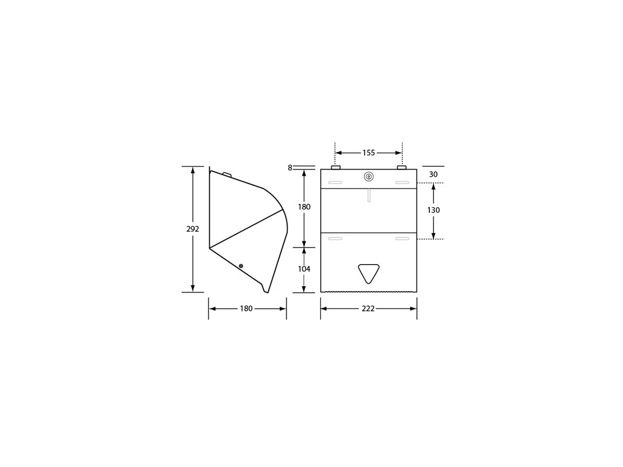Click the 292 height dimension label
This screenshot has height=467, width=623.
coord(193,229)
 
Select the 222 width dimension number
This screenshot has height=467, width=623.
coord(369,309)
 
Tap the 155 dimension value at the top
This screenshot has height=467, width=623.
coord(369,153)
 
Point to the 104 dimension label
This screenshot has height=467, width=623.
coord(304,269)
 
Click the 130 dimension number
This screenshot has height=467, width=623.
coord(434,210)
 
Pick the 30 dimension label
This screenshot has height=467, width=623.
coord(434,175)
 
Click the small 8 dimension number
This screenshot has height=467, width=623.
coord(290,168)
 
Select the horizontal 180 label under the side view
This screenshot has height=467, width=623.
coord(246,309)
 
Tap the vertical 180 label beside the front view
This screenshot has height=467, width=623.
coord(304,207)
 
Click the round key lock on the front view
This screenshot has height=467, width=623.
coord(369,176)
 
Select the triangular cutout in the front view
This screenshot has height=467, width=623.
coord(369,272)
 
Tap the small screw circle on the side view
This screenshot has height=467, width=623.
coord(241,266)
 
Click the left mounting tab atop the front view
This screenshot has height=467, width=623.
coord(335,168)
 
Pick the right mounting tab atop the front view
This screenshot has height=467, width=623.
coord(401,168)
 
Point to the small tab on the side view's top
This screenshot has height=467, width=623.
coord(226,174)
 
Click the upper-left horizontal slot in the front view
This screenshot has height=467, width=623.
coord(335,183)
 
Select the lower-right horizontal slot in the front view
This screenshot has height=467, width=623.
coord(402,239)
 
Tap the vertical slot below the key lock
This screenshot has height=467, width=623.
coord(369,195)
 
